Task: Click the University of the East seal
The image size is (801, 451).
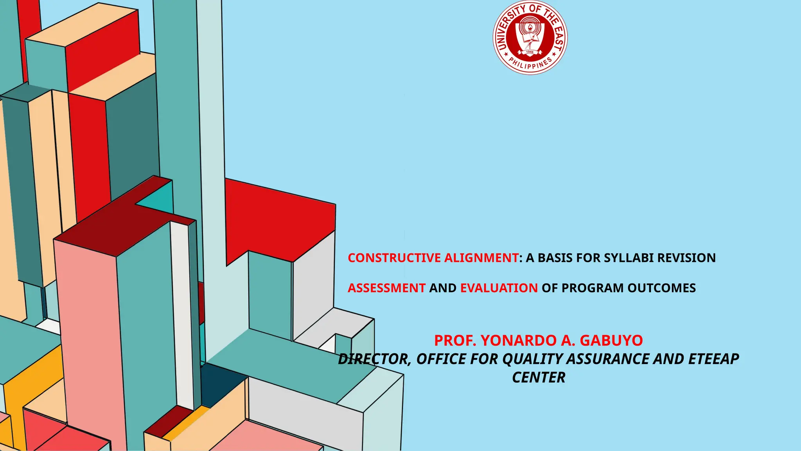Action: [x=530, y=38]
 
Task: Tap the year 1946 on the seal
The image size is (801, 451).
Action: [x=530, y=52]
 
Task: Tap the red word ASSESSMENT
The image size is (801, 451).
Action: [x=386, y=288]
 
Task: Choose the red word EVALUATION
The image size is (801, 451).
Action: [x=499, y=288]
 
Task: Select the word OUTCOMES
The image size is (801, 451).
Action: [x=662, y=288]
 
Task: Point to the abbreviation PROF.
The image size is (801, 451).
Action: [x=455, y=341]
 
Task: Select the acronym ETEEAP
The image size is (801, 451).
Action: [x=713, y=359]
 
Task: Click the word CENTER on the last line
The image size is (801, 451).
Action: [x=539, y=378]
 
